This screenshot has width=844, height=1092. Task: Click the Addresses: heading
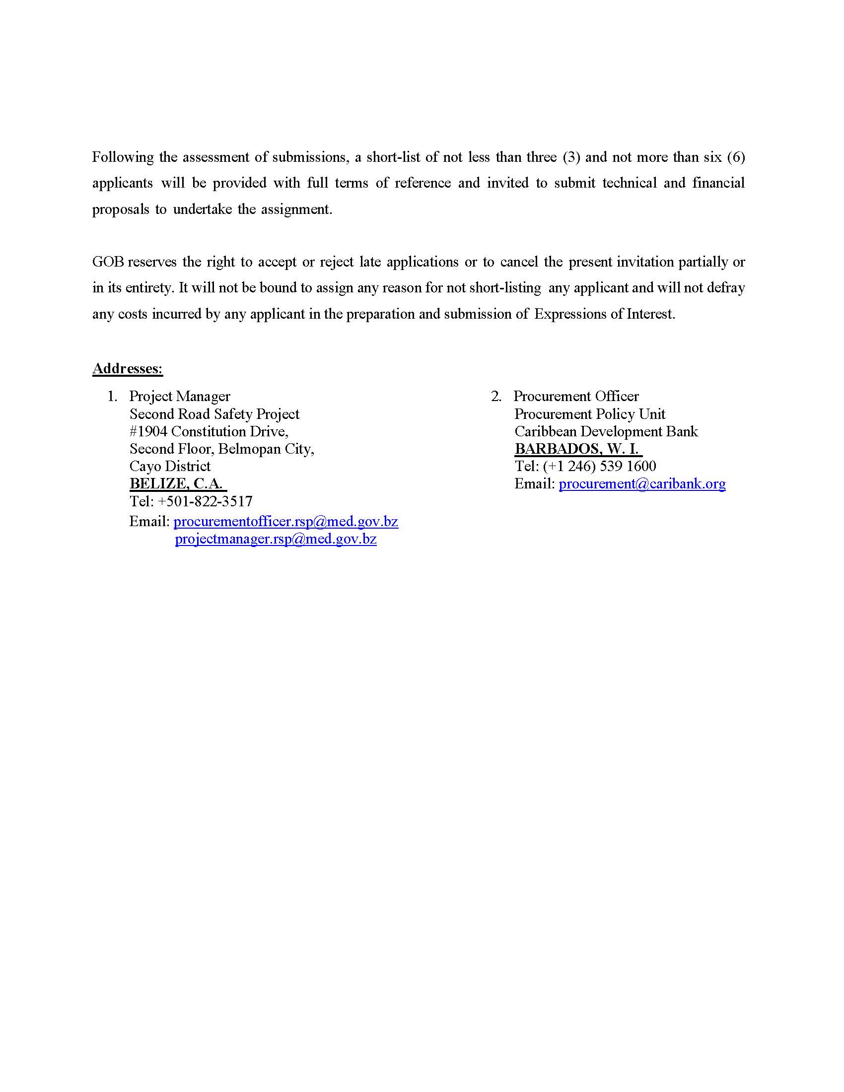(x=128, y=368)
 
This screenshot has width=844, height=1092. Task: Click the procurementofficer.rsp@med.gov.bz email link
(x=285, y=522)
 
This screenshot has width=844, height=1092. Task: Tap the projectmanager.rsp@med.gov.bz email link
(x=276, y=539)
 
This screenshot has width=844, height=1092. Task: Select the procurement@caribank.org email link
(x=642, y=483)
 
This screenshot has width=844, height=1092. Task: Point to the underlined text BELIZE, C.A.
(x=177, y=483)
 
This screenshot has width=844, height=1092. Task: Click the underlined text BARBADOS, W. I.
(x=577, y=449)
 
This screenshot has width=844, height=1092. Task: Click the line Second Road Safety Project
(x=214, y=414)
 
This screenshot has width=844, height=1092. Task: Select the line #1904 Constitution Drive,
(x=209, y=431)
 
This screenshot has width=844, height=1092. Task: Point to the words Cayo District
(x=170, y=466)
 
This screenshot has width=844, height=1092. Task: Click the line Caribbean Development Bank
(x=606, y=431)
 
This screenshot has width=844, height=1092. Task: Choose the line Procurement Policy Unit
(x=589, y=414)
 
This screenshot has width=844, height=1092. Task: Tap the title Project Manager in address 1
(x=180, y=396)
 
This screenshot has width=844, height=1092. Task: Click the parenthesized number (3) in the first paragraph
(x=571, y=157)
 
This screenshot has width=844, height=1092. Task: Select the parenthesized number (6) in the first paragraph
(x=735, y=157)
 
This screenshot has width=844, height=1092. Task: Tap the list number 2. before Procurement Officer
(x=496, y=396)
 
